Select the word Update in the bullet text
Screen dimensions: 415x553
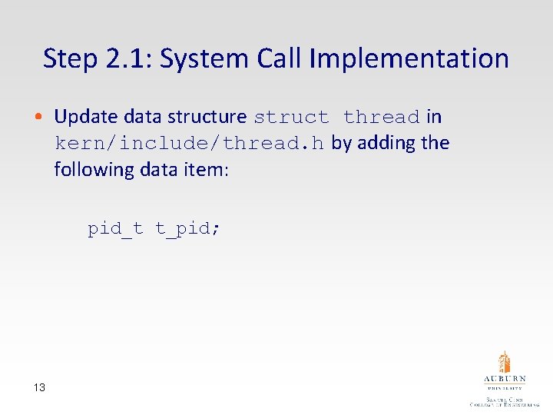(86, 117)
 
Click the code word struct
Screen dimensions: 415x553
(291, 118)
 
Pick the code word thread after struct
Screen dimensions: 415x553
(382, 118)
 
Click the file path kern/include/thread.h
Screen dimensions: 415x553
(190, 144)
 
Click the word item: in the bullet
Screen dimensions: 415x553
(208, 169)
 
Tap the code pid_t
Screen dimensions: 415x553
(115, 228)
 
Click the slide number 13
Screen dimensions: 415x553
(39, 387)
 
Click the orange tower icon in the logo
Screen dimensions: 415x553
(504, 362)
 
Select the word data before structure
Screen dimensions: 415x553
(143, 117)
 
